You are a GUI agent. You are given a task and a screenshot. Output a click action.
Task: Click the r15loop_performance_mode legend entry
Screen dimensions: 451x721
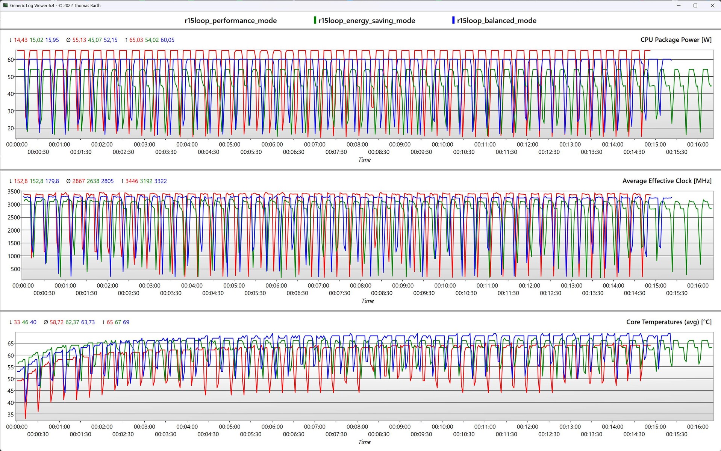pos(230,21)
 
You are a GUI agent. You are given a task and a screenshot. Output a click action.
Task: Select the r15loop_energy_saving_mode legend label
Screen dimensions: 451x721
pos(367,21)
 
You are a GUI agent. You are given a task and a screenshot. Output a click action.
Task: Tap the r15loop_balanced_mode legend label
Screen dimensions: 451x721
pos(496,21)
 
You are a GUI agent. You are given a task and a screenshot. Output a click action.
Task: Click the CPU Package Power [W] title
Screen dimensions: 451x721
pos(676,40)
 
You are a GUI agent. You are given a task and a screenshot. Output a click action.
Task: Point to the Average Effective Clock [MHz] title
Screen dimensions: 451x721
pos(666,181)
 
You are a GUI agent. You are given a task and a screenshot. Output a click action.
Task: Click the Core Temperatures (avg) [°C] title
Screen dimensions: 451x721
pos(669,322)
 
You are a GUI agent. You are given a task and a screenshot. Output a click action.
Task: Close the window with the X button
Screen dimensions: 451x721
pos(712,6)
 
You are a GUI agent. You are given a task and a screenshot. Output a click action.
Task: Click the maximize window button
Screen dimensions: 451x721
pos(695,6)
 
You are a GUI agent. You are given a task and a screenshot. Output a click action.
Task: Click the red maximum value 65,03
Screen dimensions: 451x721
pos(136,40)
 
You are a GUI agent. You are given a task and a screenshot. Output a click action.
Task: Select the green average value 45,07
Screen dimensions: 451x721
pos(95,40)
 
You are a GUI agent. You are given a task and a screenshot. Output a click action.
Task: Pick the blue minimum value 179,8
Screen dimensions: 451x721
pos(52,181)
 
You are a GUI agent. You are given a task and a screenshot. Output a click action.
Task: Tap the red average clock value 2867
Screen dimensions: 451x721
pos(79,181)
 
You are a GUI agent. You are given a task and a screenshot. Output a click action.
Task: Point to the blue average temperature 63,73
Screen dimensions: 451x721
pos(88,322)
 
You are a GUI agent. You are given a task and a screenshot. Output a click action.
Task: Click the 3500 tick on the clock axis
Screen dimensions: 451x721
pos(14,191)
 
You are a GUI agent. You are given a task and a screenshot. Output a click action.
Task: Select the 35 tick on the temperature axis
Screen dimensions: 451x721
pos(11,415)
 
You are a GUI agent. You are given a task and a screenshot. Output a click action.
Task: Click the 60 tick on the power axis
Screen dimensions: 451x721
pos(11,60)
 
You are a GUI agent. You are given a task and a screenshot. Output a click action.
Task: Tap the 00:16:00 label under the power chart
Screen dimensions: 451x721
pos(697,144)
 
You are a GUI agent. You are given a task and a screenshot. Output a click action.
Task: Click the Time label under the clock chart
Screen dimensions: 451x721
pos(367,301)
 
